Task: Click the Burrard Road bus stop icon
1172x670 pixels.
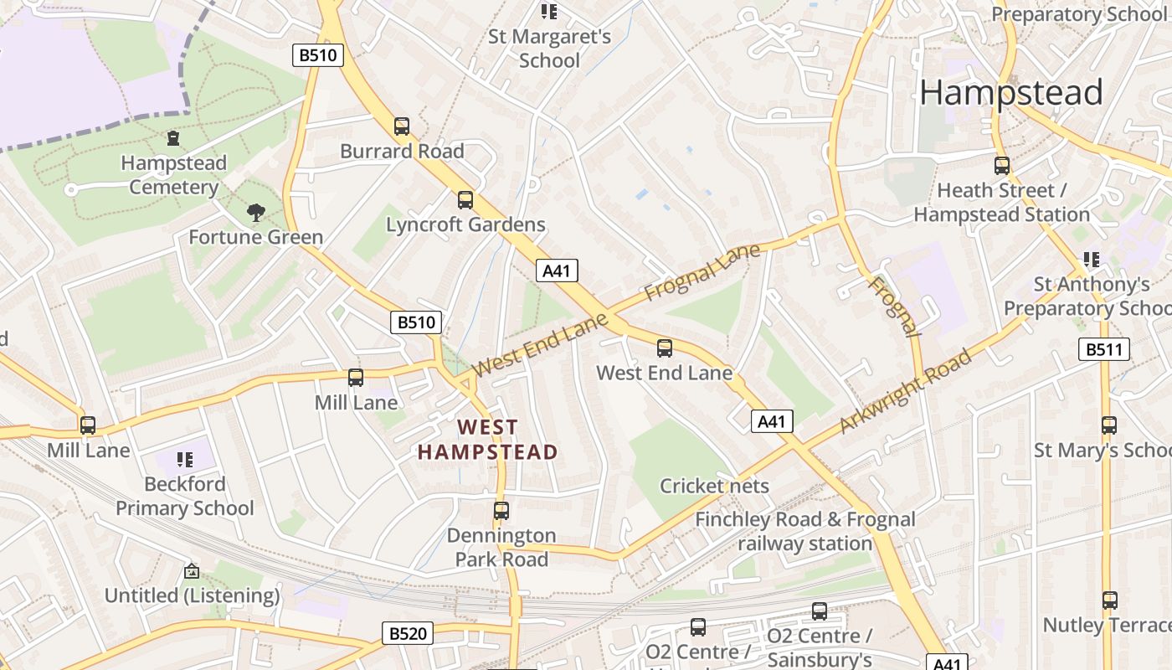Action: pos(402,126)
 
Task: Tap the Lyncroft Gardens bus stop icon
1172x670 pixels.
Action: pos(465,200)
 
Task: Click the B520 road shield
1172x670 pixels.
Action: pos(408,633)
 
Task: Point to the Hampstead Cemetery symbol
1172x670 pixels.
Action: pos(173,137)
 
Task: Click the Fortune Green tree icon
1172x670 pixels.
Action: pos(256,213)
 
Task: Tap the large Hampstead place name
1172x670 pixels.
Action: pos(1010,92)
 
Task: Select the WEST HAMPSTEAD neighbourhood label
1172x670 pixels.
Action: pos(488,440)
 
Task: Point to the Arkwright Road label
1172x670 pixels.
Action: pos(905,391)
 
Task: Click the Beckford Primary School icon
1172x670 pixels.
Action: pos(185,459)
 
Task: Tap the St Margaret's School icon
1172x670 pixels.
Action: pos(549,11)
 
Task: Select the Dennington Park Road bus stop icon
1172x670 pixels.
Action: pos(501,510)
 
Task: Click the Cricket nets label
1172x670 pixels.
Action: pos(714,486)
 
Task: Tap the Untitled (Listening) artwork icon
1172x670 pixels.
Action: pos(192,571)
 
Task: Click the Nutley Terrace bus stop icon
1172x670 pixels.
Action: pos(1109,600)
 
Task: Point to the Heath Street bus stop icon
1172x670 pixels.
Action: pos(1002,165)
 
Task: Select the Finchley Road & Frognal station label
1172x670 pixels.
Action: pos(804,531)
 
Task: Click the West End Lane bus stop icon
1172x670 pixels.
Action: pos(665,348)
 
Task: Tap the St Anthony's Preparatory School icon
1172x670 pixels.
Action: pos(1091,259)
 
